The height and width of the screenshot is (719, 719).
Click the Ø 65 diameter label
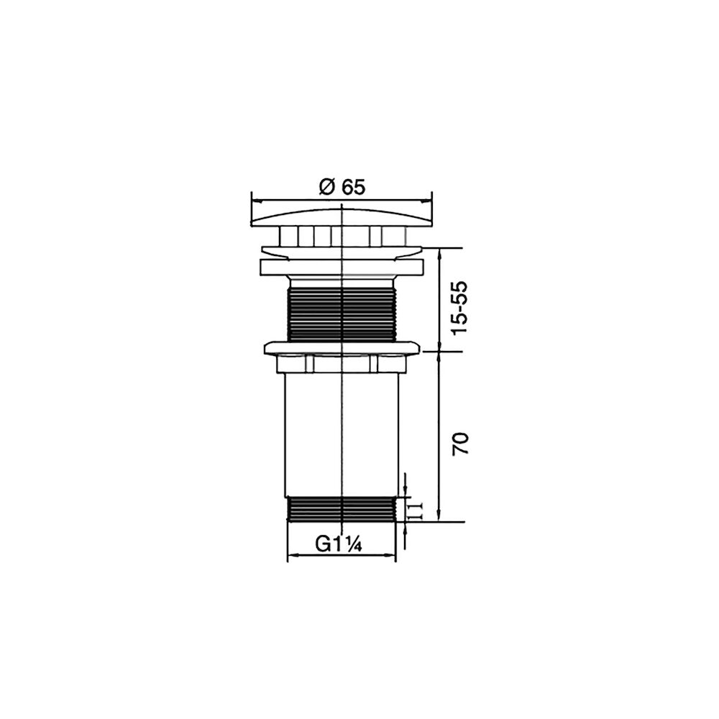pos(342,187)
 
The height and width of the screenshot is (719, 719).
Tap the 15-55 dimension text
pos(459,308)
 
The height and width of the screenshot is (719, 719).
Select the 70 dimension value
pos(460,444)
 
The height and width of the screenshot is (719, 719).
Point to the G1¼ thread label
pos(339,544)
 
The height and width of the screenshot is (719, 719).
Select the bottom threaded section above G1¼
pos(341,509)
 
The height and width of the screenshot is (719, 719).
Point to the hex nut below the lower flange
pos(342,364)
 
